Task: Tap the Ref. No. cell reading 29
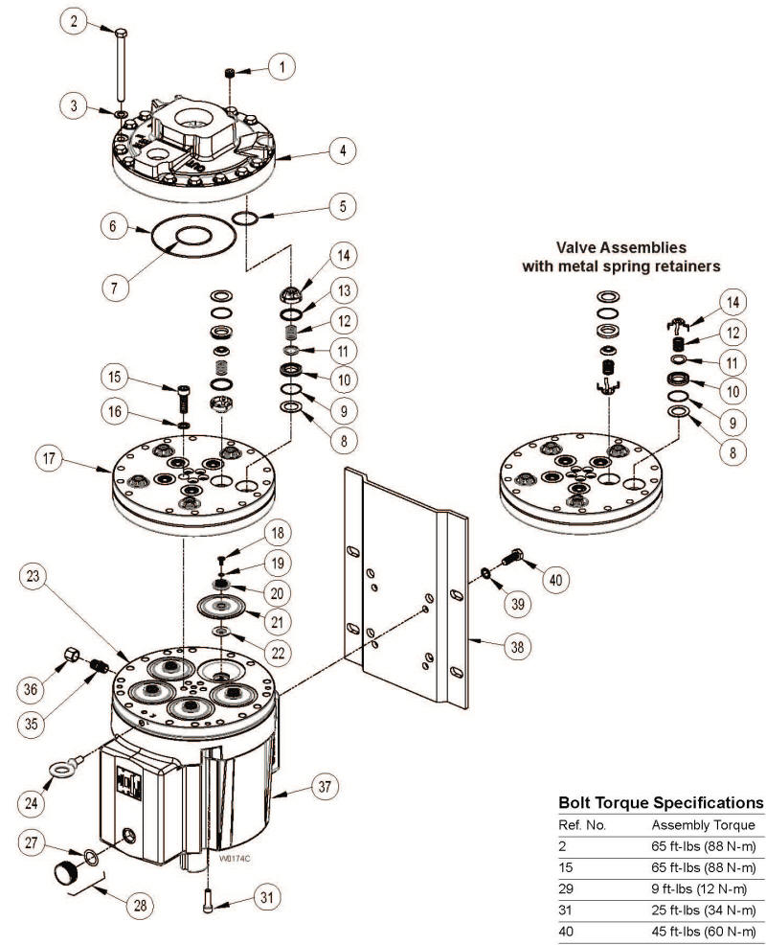coord(565,887)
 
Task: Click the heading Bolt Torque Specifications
coord(660,801)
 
